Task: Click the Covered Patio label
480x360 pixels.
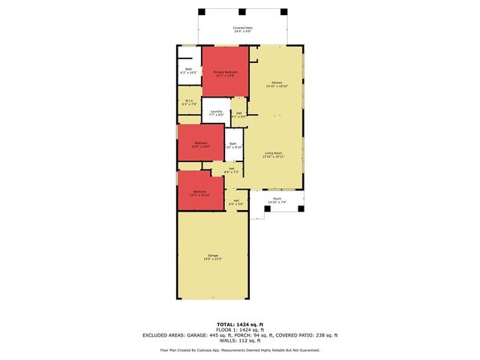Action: (x=242, y=29)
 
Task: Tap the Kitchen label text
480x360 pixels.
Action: (x=277, y=84)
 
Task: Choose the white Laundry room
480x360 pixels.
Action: (x=217, y=112)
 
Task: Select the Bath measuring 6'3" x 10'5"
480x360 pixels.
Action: (x=189, y=70)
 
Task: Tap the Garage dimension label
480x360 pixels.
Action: (x=213, y=259)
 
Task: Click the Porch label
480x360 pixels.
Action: (x=277, y=200)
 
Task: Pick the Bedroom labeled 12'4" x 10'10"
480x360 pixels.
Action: (x=200, y=193)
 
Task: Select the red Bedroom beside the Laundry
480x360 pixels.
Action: (x=200, y=144)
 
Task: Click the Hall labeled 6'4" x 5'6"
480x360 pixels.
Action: (x=236, y=202)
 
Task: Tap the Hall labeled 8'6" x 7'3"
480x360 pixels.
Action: (x=231, y=170)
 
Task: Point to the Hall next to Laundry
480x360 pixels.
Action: (x=238, y=114)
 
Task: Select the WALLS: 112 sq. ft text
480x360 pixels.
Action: (x=239, y=340)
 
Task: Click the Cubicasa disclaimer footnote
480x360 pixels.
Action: (x=239, y=349)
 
